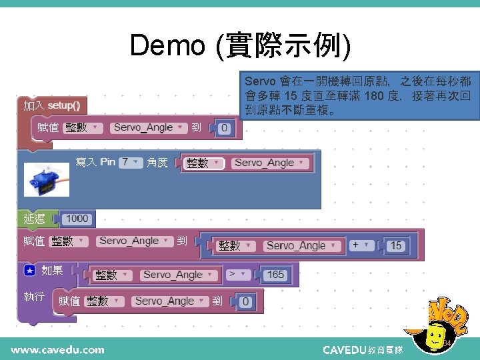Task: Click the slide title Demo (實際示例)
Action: click(239, 45)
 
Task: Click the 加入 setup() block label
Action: click(52, 105)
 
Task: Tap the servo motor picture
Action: click(44, 181)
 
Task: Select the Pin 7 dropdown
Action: click(131, 163)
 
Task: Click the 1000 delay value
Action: click(77, 218)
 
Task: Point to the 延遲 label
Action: click(35, 218)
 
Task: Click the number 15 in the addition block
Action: click(396, 245)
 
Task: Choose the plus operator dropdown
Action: click(361, 245)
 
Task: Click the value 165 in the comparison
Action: click(275, 274)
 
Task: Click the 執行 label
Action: click(35, 297)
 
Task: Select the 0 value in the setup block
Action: click(224, 128)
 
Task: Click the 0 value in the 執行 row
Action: click(245, 302)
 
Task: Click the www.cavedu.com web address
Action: click(57, 349)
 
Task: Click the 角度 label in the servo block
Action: click(157, 163)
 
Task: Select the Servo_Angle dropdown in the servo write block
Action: click(269, 163)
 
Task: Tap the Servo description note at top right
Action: click(359, 95)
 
